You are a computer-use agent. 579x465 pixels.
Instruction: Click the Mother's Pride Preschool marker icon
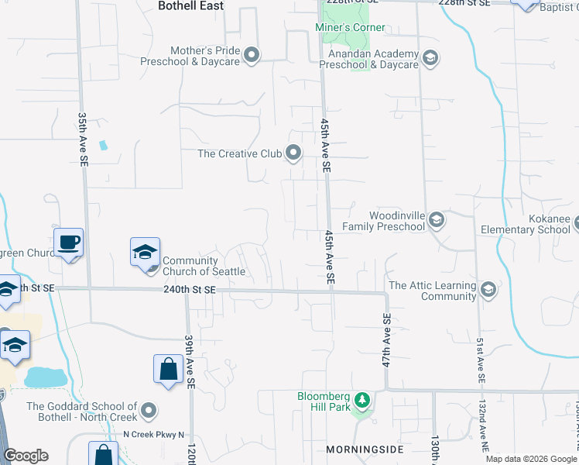coord(252,55)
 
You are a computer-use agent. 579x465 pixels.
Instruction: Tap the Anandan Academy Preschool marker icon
coord(430,57)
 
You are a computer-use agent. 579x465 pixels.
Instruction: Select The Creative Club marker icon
coord(293,153)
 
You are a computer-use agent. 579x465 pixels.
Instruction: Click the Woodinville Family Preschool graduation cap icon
coord(437,221)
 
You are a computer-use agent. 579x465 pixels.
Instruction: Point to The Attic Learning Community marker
coord(488,291)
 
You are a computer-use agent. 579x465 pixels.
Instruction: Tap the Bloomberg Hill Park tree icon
coord(361,401)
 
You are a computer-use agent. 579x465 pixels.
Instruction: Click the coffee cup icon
coord(68,243)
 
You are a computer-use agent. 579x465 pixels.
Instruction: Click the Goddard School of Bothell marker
coord(150,411)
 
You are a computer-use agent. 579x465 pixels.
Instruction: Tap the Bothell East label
coord(190,6)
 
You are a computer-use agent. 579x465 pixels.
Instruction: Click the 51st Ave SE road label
coord(480,360)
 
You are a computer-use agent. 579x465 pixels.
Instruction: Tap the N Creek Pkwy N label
coord(154,434)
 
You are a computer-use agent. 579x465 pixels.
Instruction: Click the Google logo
coord(26,456)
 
